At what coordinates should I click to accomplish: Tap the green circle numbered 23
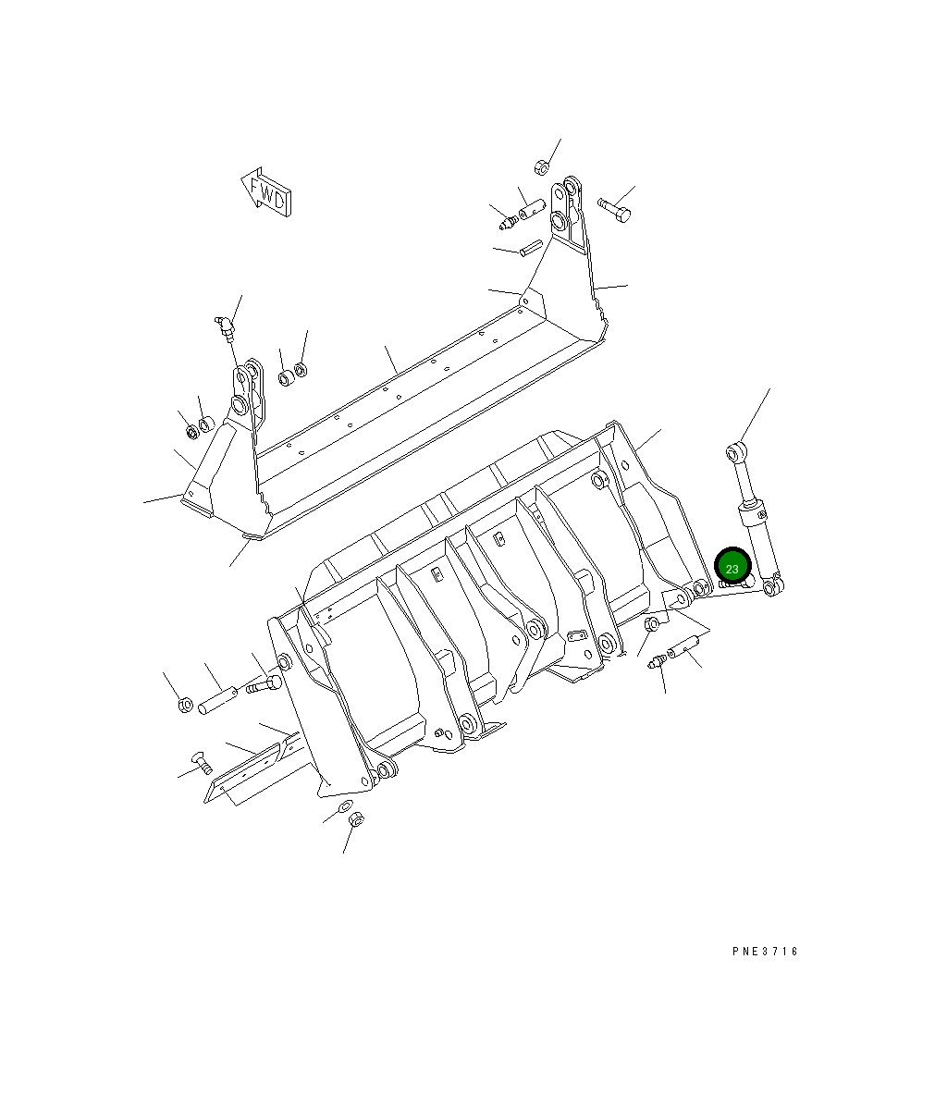pyautogui.click(x=732, y=568)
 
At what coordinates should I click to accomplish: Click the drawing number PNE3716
pyautogui.click(x=762, y=952)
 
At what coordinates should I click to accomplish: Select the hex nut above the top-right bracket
pyautogui.click(x=542, y=167)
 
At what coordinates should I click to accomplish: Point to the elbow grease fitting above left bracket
pyautogui.click(x=225, y=326)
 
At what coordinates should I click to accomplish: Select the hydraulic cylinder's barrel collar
pyautogui.click(x=752, y=512)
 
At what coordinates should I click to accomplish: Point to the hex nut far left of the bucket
pyautogui.click(x=185, y=706)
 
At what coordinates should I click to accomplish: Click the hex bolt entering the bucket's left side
pyautogui.click(x=263, y=685)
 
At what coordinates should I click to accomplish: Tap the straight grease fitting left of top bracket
pyautogui.click(x=507, y=222)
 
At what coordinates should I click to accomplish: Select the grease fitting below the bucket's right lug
pyautogui.click(x=658, y=663)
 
